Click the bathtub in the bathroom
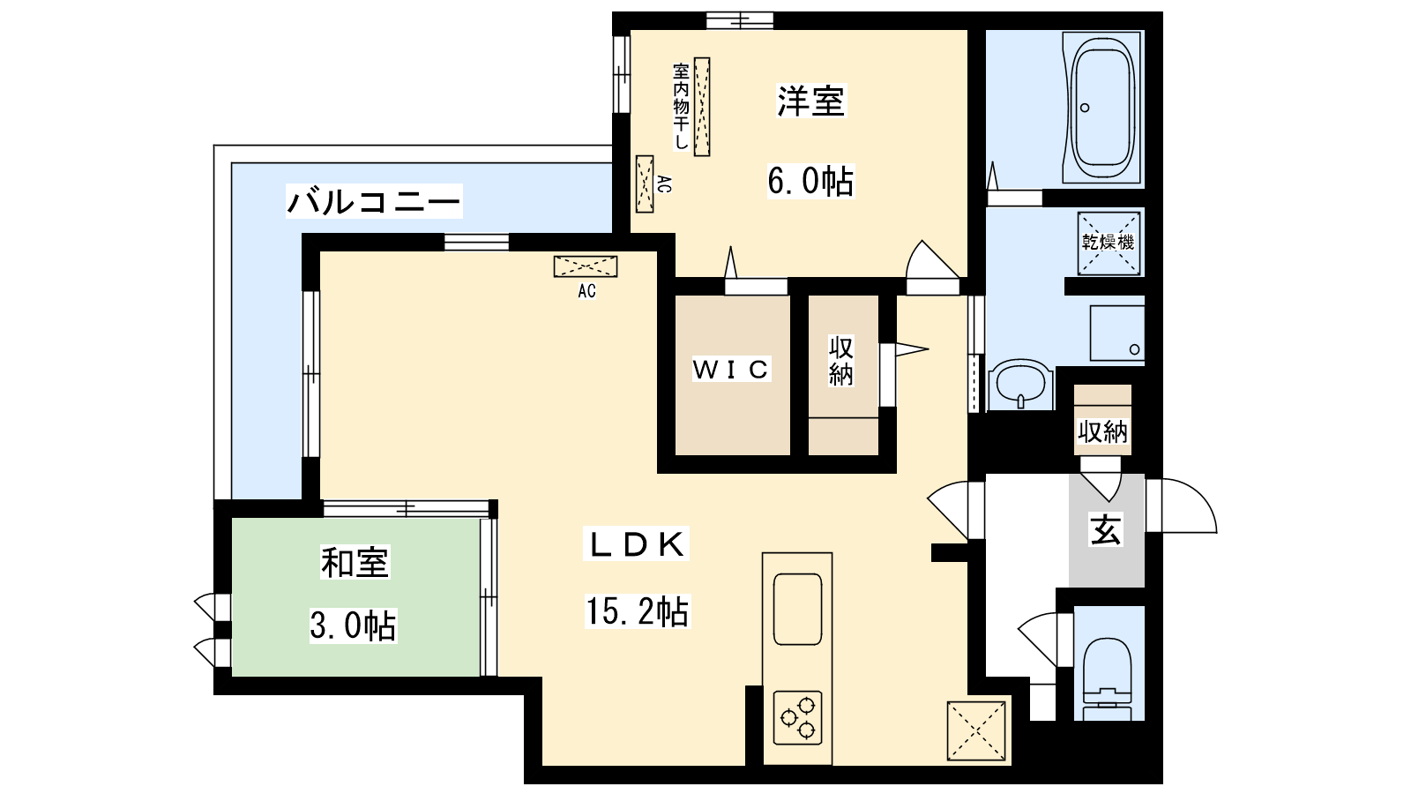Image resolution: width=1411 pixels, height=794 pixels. [x=1102, y=107]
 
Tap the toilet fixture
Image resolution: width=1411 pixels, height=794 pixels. [x=1108, y=679]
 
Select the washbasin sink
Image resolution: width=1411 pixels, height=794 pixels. [x=1020, y=384]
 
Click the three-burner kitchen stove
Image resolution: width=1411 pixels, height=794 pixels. [x=797, y=718]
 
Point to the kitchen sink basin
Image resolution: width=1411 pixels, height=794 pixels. [x=797, y=609]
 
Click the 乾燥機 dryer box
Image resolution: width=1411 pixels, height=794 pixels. [x=1109, y=243]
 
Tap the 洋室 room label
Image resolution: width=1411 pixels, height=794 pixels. [x=810, y=101]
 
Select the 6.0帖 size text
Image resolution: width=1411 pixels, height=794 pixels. [x=810, y=181]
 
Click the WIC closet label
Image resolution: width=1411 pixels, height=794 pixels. [x=731, y=370]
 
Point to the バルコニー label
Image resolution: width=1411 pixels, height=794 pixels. [x=374, y=202]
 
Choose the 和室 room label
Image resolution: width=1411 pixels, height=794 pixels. [x=355, y=562]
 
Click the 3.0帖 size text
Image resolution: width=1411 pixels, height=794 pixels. [x=353, y=625]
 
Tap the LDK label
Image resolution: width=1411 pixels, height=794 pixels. [x=636, y=544]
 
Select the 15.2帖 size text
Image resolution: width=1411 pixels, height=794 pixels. [x=638, y=611]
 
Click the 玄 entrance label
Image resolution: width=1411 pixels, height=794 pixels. [x=1106, y=530]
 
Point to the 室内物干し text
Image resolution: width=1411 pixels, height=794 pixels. [x=681, y=106]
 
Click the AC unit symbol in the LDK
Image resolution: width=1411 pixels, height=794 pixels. [x=586, y=266]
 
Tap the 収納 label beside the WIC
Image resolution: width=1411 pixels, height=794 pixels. [x=841, y=361]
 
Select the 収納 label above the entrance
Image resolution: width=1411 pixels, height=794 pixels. [x=1102, y=432]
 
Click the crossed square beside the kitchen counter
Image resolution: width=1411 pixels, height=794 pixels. [x=975, y=731]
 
